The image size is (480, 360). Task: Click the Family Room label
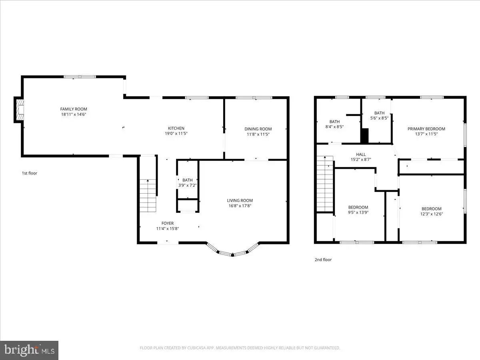click(x=74, y=109)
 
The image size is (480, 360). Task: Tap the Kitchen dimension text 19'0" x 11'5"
click(x=176, y=134)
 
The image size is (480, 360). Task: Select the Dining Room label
click(x=258, y=129)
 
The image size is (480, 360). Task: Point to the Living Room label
click(x=240, y=200)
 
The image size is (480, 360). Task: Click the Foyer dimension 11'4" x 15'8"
click(x=168, y=229)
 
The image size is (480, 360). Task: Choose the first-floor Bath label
click(x=188, y=180)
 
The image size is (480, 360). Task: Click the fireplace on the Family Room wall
click(x=19, y=110)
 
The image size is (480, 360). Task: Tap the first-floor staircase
click(x=148, y=196)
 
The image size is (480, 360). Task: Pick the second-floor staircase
click(x=325, y=184)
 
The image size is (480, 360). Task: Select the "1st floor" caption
click(x=30, y=173)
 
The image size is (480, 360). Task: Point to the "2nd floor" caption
click(x=323, y=260)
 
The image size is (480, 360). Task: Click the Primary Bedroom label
click(x=426, y=129)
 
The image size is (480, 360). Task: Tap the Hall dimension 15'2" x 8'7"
click(x=361, y=160)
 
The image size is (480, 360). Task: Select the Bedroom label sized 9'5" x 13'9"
click(x=358, y=207)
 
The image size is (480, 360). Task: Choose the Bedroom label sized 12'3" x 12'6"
click(x=432, y=209)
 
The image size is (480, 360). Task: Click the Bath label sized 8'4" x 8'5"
click(x=334, y=122)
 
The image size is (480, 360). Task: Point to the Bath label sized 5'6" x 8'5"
click(x=380, y=113)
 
